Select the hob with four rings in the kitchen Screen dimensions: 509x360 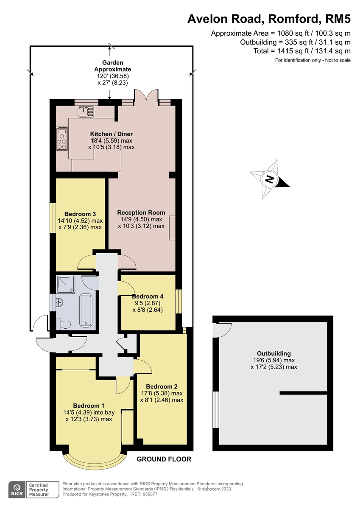point(61,139)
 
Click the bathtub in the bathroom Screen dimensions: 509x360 point(86,310)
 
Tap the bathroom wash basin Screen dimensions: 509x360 point(59,303)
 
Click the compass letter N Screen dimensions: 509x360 point(269,179)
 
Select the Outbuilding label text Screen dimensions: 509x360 point(274,353)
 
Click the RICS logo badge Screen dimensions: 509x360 point(17,489)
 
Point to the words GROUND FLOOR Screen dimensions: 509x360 point(164,459)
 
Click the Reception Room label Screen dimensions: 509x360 point(141,213)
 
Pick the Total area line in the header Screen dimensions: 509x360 point(301,51)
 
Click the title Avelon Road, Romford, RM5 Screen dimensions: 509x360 point(269,19)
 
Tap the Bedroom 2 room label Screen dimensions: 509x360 point(162,386)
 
